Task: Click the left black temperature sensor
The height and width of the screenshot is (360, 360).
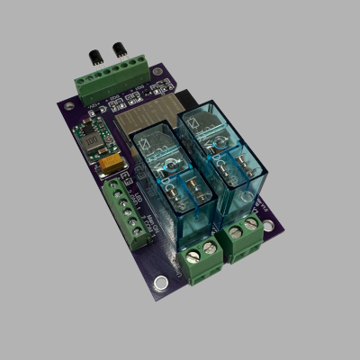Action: [94, 56]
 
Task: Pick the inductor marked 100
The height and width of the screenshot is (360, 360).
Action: [91, 140]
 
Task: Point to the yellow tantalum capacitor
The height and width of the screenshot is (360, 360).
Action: [112, 165]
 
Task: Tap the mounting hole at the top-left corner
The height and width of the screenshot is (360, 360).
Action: [68, 103]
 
